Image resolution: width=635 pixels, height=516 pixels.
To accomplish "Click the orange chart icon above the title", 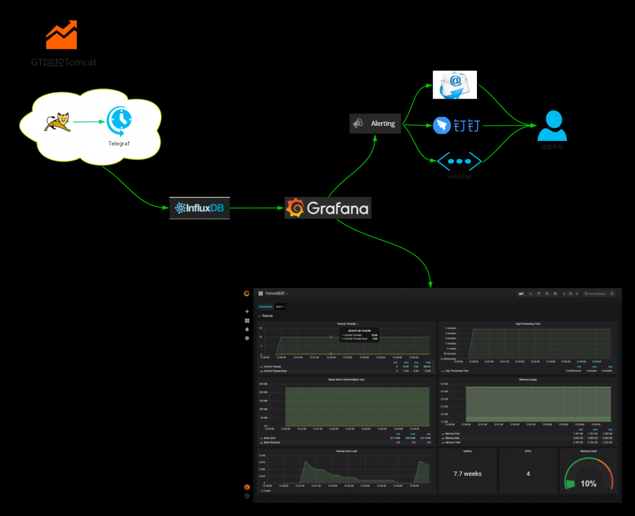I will [62, 35].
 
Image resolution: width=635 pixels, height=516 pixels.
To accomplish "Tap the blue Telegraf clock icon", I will [119, 120].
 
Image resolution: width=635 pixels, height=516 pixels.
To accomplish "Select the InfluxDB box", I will [199, 208].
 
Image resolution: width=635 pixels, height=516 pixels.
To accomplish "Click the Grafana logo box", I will [328, 208].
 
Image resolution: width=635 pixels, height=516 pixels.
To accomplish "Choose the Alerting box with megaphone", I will [375, 123].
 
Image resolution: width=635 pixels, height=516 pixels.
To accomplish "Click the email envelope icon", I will [454, 85].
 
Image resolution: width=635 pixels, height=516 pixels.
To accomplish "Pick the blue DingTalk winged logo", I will [441, 125].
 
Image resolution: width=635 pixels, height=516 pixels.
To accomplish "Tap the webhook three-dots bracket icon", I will [459, 161].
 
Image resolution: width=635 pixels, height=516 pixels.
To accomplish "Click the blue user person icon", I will [552, 126].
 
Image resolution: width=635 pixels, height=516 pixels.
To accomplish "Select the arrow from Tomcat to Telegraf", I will [89, 121].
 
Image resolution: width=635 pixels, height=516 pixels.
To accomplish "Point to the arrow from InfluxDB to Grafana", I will [257, 208].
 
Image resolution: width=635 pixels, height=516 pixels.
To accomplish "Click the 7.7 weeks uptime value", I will [467, 474].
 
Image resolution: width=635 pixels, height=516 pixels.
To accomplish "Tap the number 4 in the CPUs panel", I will [528, 474].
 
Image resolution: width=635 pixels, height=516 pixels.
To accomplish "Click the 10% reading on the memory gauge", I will [588, 484].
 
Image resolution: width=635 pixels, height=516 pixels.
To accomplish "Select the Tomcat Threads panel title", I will [346, 323].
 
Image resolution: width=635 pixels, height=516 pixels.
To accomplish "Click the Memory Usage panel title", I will [528, 379].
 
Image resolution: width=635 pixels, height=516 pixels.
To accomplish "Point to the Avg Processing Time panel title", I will [528, 323].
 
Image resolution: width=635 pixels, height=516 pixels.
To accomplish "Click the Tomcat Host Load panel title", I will [346, 451].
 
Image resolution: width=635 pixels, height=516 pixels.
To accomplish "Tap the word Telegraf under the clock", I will [119, 144].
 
